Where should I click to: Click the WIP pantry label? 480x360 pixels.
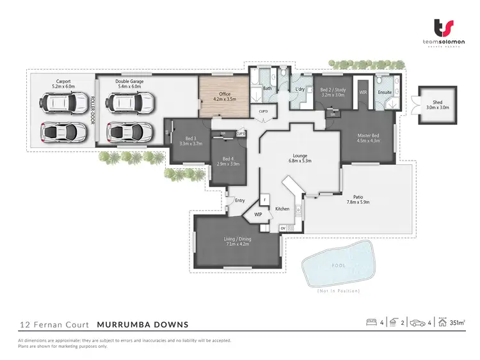tap(259, 215)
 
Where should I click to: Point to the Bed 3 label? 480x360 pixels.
tap(191, 139)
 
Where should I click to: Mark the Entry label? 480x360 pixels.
tap(240, 201)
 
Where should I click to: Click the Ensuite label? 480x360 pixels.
tap(385, 92)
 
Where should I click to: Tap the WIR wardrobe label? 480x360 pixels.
tap(363, 92)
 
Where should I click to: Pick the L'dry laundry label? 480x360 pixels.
tap(299, 89)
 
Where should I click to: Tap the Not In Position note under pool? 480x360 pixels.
tap(339, 291)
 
